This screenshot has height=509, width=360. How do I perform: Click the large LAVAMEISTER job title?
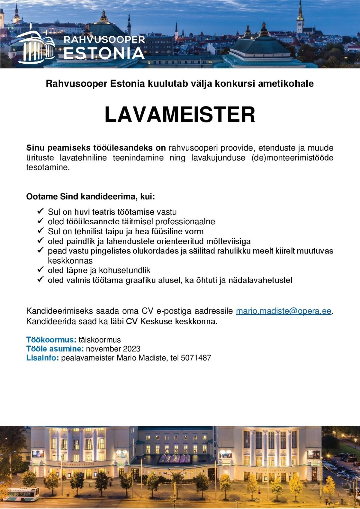180,114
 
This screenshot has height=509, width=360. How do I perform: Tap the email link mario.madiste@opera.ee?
283,311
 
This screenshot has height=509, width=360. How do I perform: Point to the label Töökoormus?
51,340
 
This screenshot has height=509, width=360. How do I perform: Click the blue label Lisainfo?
43,358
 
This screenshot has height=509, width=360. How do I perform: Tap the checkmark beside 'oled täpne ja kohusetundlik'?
40,270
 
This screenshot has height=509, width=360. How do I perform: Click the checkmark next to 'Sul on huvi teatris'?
40,211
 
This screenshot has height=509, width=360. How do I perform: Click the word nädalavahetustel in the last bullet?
260,280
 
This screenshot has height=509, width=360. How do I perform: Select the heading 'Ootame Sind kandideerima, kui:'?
91,197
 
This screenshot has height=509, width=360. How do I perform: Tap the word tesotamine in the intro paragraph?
48,167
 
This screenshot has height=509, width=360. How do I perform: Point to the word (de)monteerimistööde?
292,158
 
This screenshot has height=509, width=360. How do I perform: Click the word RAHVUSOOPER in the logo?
104,39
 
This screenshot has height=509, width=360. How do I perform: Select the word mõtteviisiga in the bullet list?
228,241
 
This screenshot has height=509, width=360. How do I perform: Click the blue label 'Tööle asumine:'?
55,349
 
